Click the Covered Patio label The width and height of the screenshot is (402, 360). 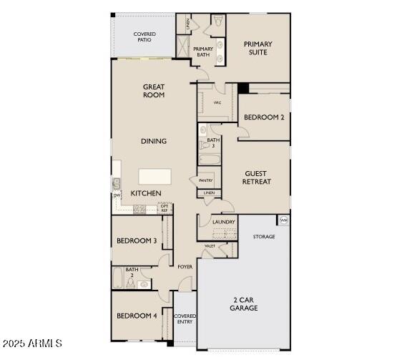point(144,37)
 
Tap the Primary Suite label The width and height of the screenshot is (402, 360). point(258,49)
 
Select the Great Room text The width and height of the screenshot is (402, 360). point(154,91)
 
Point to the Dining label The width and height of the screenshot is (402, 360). point(154,141)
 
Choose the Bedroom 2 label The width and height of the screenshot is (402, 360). point(264,117)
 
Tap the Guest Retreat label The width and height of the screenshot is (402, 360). point(257,177)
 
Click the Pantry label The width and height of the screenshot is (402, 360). point(205,181)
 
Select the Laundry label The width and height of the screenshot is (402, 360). point(224,222)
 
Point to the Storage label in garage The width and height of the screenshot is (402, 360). point(264,236)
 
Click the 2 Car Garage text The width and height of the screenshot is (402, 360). point(244,303)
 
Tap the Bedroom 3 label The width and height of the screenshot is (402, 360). point(137,240)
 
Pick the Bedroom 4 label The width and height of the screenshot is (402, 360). point(137,316)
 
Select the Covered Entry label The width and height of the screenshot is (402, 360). point(185,318)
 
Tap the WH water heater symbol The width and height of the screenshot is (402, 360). point(284,220)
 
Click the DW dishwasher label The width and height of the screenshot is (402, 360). point(116,195)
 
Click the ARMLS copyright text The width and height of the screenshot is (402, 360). point(32,344)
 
